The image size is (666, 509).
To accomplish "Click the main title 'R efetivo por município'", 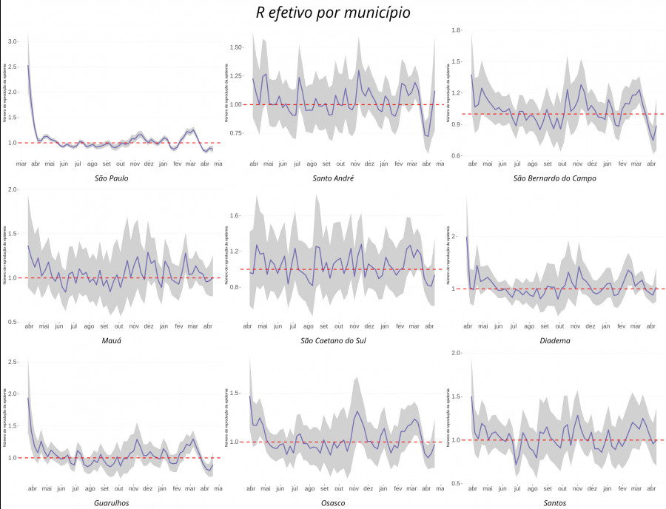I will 333,13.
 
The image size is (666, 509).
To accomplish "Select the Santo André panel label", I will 333,178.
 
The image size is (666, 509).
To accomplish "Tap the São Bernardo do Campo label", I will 555,178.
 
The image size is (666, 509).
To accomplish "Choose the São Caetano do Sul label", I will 333,340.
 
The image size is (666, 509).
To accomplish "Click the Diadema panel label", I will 555,340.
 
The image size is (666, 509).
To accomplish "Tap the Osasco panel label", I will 333,503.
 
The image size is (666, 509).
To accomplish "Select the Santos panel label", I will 555,503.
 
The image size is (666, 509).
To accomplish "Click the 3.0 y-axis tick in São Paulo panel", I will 13,42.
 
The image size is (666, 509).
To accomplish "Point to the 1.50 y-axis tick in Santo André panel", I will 236,47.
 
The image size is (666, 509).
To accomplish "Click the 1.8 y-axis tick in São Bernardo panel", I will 456,30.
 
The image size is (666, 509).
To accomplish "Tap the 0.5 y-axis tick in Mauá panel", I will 13,323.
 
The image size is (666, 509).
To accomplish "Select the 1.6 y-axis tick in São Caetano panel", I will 236,216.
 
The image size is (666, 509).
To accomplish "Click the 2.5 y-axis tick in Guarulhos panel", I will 13,362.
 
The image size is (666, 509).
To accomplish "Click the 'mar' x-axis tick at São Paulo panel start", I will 21,164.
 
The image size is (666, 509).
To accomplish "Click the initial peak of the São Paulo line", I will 28,66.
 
